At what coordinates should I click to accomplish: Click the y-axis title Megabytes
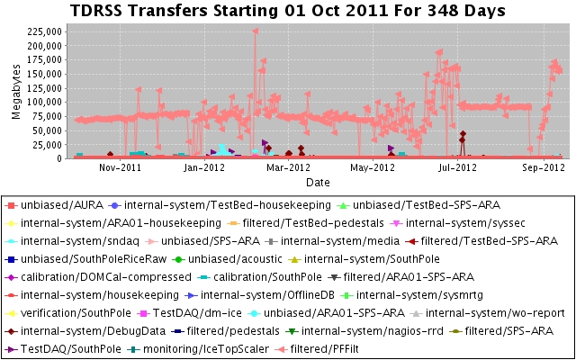pyautogui.click(x=16, y=90)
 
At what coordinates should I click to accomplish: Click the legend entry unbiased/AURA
pyautogui.click(x=64, y=205)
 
